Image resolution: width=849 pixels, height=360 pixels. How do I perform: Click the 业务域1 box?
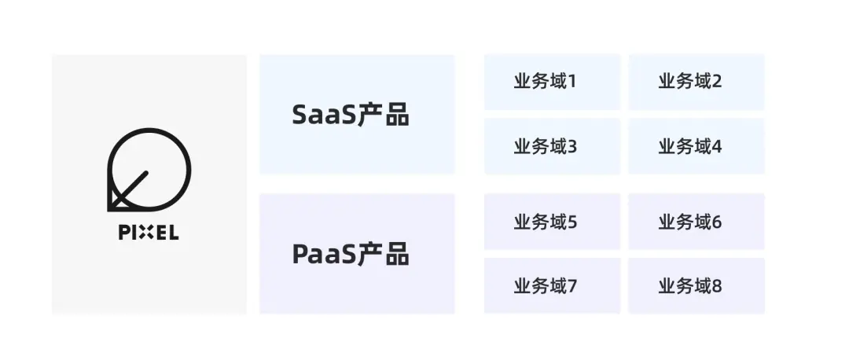[552, 82]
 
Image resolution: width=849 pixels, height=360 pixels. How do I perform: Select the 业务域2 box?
[696, 82]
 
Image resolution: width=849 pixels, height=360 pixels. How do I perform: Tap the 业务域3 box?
[552, 146]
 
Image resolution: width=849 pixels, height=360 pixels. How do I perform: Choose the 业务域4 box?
[696, 146]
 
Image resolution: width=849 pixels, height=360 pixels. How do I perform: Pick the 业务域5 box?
[552, 222]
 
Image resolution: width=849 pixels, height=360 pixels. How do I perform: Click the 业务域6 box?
[696, 222]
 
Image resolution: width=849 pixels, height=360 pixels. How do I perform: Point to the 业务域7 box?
[552, 286]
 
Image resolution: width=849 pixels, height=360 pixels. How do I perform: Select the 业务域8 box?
[696, 286]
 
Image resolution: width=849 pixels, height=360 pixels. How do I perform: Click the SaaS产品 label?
[351, 115]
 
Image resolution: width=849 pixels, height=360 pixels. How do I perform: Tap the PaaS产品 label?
[351, 254]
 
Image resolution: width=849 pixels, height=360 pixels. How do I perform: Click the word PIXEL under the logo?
[149, 233]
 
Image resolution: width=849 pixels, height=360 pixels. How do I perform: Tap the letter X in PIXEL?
[148, 233]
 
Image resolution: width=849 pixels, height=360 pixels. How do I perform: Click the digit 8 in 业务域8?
[716, 287]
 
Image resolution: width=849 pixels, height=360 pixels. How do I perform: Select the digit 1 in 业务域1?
[572, 82]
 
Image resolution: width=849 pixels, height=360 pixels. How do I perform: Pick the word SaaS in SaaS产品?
[323, 115]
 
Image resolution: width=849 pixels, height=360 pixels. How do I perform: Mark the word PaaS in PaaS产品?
[323, 254]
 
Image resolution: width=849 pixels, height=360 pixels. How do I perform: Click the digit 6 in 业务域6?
[716, 222]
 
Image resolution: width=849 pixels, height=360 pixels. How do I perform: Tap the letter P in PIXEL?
[123, 233]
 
